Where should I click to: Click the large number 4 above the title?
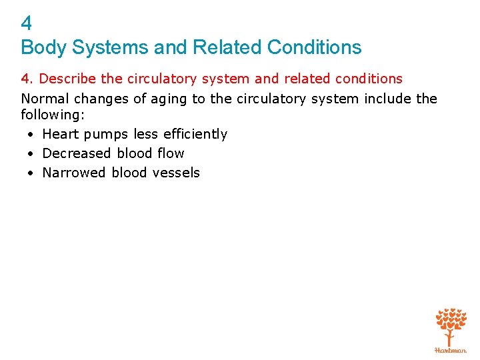pyautogui.click(x=27, y=23)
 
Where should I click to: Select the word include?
pyautogui.click(x=387, y=99)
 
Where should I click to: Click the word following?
pyautogui.click(x=53, y=115)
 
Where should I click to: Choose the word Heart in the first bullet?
pyautogui.click(x=61, y=134)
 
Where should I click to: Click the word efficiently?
pyautogui.click(x=195, y=134)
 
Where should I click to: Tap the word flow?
pyautogui.click(x=171, y=153)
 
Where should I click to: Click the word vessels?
pyautogui.click(x=176, y=173)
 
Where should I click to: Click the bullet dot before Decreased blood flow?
pyautogui.click(x=31, y=154)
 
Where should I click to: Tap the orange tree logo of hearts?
pyautogui.click(x=451, y=325)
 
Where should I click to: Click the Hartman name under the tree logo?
pyautogui.click(x=451, y=350)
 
